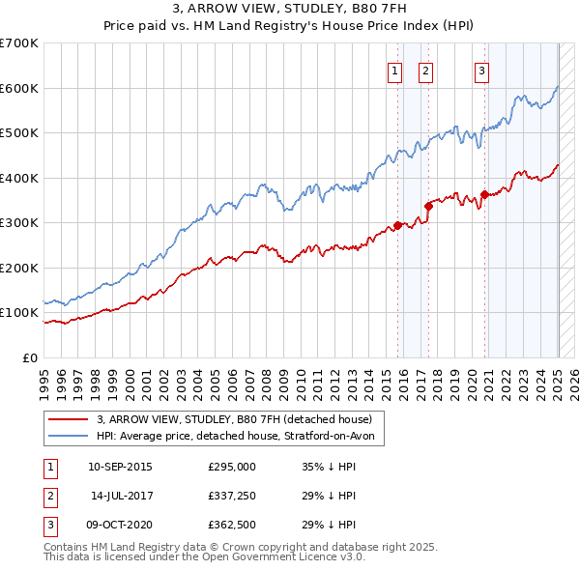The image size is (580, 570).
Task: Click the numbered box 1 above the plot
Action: tap(395, 70)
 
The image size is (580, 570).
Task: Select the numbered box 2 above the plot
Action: tap(425, 70)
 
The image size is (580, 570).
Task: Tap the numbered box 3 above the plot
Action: tap(481, 70)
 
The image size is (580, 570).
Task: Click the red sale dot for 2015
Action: tap(397, 226)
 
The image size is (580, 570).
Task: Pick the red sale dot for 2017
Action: tap(428, 206)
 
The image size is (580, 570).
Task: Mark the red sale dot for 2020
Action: tap(484, 195)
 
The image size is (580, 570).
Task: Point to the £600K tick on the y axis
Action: tap(19, 88)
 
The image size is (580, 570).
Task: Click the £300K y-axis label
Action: tap(19, 223)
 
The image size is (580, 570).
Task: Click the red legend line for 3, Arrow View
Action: tap(69, 418)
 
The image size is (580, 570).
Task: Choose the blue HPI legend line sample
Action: tap(69, 437)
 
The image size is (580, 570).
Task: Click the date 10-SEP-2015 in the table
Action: tap(120, 467)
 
